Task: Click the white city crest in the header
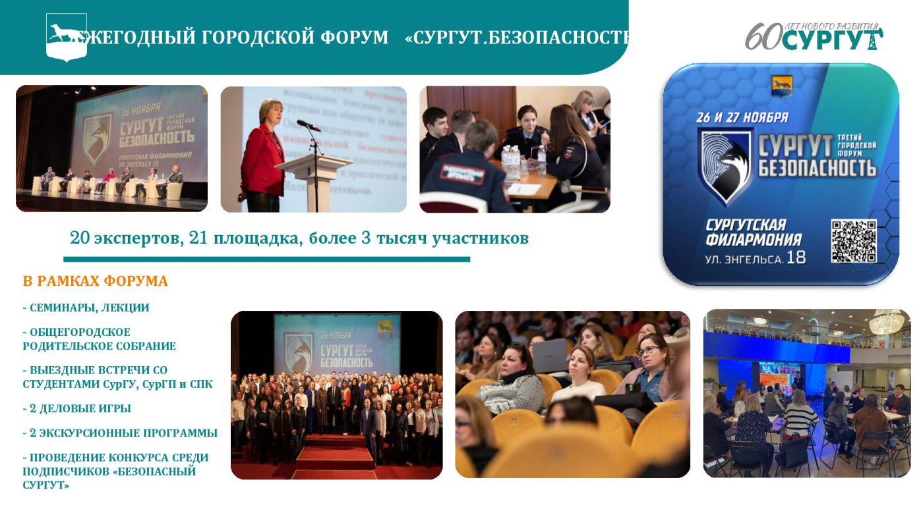click(x=67, y=37)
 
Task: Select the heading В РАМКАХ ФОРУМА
click(x=95, y=282)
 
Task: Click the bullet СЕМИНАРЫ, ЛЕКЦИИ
click(x=86, y=308)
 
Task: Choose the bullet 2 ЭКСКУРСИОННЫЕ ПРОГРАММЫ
click(x=120, y=433)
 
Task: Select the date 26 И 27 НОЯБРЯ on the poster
click(x=742, y=118)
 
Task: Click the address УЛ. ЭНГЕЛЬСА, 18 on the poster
click(x=756, y=258)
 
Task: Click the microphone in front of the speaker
click(x=307, y=125)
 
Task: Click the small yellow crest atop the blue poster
click(x=781, y=83)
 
